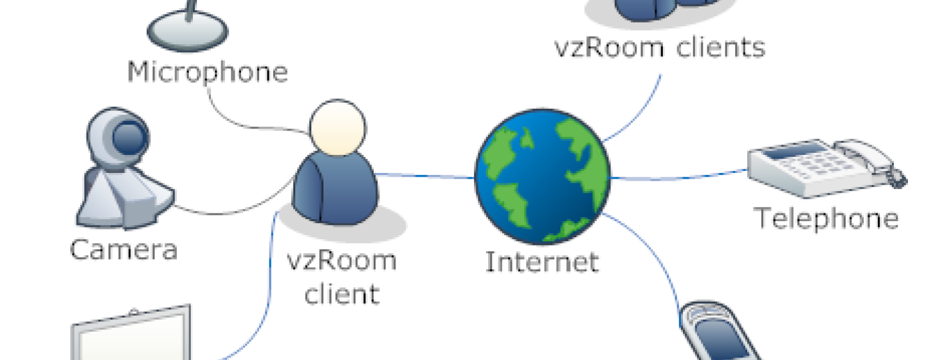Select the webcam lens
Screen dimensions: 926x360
coord(129,138)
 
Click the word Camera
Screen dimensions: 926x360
coord(123,249)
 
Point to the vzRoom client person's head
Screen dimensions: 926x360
coord(338,128)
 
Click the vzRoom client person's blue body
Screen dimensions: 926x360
coord(335,188)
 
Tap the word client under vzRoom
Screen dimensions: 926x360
coord(342,293)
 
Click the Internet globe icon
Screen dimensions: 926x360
coord(543,177)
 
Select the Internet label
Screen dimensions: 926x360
coord(542,262)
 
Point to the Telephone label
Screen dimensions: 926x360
coord(826,218)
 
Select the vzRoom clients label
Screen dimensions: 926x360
coord(660,48)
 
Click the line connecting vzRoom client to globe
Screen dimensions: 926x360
coord(426,176)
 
